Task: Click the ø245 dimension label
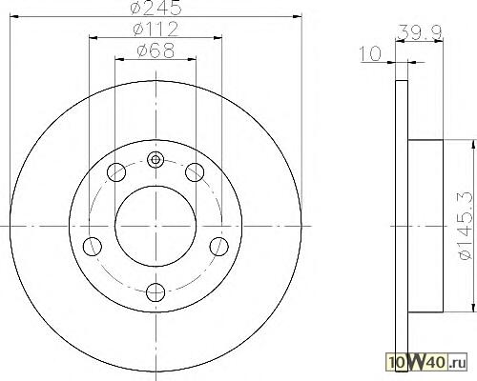click(156, 8)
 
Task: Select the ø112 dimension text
click(156, 29)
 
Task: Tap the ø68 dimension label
click(156, 50)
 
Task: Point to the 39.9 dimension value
click(420, 32)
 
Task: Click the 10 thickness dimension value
click(370, 53)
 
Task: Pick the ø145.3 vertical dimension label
click(466, 226)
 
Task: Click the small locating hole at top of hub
click(156, 159)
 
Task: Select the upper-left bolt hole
click(116, 172)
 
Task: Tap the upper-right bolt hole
click(195, 172)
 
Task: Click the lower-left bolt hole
click(93, 247)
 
